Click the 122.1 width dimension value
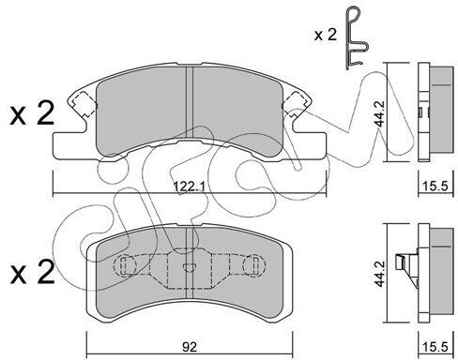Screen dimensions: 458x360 [189, 187]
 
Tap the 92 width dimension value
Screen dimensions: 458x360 [190, 347]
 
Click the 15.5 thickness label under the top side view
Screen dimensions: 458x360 [435, 187]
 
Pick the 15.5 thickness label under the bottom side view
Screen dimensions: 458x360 [435, 347]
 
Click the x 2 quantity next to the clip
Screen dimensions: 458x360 [326, 35]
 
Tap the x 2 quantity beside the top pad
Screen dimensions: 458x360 [32, 114]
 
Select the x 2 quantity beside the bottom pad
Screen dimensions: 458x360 [32, 273]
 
